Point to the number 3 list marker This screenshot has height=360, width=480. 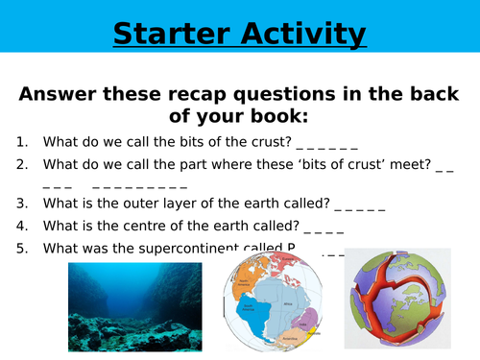coord(20,204)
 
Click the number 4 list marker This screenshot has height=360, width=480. coord(20,227)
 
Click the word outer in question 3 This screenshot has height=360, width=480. coord(132,204)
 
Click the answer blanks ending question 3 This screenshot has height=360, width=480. coord(359,205)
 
